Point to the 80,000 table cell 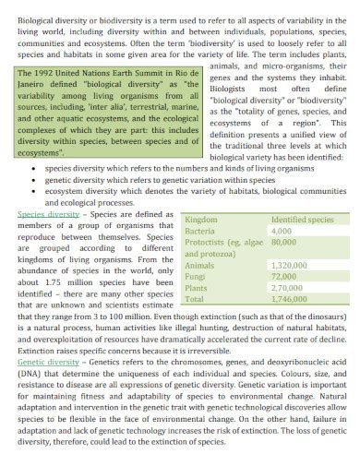(x=283, y=242)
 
